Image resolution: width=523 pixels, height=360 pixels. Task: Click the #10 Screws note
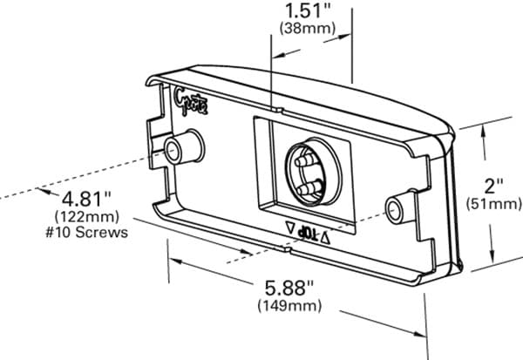tap(91, 232)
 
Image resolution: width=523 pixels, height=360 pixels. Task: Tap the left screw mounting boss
tap(182, 148)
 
